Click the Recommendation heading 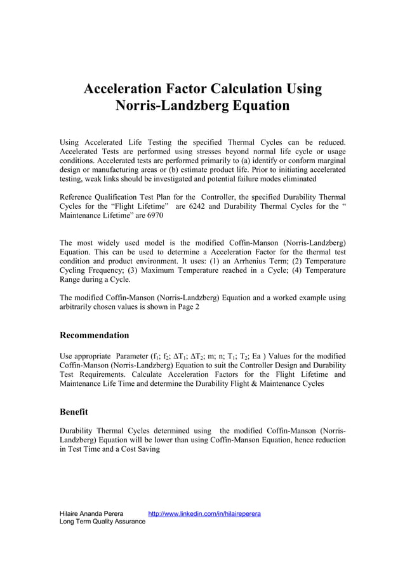(x=94, y=335)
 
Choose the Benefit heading (x=74, y=412)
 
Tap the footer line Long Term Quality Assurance (x=102, y=521)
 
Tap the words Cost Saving (x=140, y=449)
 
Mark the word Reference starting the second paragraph (x=79, y=197)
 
